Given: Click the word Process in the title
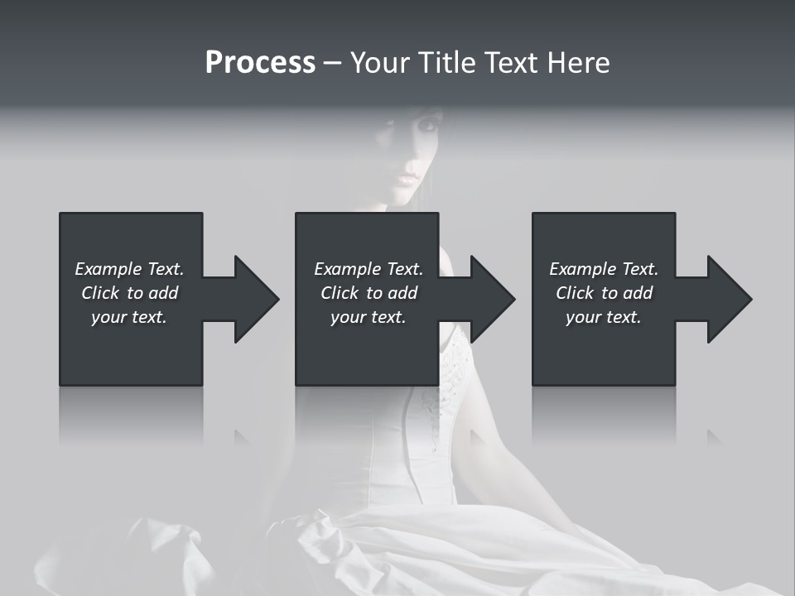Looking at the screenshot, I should [x=260, y=63].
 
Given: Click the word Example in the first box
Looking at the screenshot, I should [x=108, y=269].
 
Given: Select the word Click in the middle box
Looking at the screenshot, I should [x=339, y=293].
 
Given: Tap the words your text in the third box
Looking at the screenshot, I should [x=603, y=317].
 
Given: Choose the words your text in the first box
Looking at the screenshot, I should [x=128, y=317].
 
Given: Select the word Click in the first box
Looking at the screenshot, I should [x=99, y=293].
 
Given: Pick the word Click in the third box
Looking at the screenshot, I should [x=574, y=293].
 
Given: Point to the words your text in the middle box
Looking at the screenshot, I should [x=368, y=317].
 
